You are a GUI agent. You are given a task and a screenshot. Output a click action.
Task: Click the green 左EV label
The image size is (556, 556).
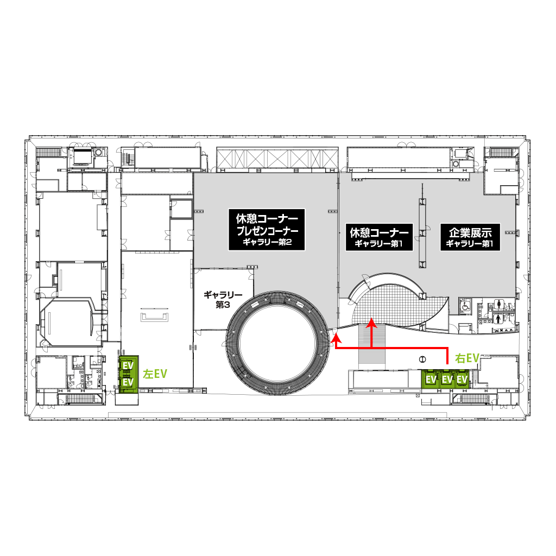(x=154, y=374)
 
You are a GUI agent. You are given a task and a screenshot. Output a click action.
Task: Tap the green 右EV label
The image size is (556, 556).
(x=467, y=358)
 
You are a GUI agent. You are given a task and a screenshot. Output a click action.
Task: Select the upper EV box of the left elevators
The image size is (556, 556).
(x=128, y=365)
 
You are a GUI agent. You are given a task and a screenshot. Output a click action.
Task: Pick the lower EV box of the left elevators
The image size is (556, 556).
(x=128, y=382)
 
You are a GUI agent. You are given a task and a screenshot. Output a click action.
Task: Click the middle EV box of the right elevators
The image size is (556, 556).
(x=446, y=378)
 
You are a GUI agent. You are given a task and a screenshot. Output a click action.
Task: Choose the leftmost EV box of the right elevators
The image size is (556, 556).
(x=431, y=378)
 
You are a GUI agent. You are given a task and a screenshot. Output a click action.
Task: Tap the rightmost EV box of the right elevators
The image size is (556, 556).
(x=462, y=378)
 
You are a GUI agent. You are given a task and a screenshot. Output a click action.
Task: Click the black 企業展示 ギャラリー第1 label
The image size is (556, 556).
(x=470, y=237)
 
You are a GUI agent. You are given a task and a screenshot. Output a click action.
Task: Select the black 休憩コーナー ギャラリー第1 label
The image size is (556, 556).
(x=379, y=237)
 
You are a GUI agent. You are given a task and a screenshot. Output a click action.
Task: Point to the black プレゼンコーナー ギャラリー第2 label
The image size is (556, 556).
(x=267, y=230)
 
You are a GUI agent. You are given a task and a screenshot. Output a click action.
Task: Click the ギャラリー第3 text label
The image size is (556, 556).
(x=223, y=300)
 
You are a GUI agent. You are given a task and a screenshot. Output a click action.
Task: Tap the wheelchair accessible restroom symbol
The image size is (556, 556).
(x=465, y=306)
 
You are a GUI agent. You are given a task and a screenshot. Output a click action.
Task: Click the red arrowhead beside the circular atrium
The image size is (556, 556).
(x=336, y=338)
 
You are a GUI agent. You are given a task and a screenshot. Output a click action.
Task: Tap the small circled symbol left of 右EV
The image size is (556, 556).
(x=422, y=359)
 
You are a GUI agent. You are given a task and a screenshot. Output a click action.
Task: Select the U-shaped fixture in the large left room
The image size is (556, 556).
(x=156, y=316)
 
